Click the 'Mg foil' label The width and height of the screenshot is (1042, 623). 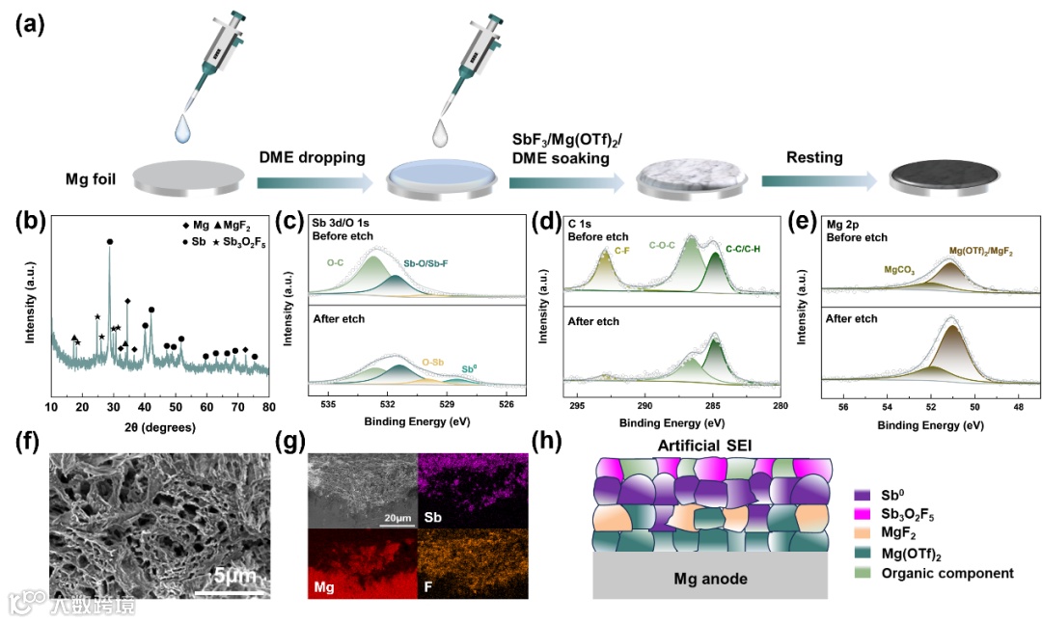coord(92,179)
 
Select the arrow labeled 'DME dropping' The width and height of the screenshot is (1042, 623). coord(314,180)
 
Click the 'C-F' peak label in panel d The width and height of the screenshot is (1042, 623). coord(622,250)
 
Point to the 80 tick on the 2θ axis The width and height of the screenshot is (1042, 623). coord(269,406)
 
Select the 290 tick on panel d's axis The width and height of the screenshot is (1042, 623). coord(645,406)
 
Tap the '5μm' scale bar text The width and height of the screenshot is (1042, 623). coord(234,576)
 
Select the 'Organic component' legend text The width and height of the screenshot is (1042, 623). coord(947,573)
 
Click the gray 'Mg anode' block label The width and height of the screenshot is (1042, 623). coord(708,579)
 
